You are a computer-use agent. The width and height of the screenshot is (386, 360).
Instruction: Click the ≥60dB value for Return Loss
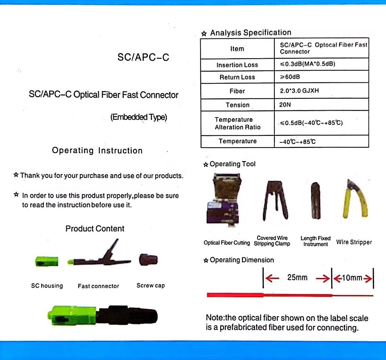click(290, 77)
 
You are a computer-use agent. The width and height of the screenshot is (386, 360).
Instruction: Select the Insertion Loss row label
click(237, 65)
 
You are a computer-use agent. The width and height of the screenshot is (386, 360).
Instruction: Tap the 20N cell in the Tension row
click(285, 104)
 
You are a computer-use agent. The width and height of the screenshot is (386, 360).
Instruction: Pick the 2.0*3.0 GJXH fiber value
click(299, 91)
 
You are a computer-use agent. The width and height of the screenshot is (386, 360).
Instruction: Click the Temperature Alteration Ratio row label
click(237, 123)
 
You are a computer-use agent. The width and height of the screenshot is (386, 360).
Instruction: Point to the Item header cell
click(237, 49)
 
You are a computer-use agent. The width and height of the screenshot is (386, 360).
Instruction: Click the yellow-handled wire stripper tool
click(355, 199)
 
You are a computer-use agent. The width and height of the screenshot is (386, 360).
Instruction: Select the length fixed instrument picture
click(315, 201)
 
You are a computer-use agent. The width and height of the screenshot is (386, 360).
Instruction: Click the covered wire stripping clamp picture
click(275, 200)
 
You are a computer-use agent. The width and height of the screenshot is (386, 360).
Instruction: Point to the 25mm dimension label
click(297, 278)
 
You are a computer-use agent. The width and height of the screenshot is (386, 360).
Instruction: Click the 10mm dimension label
click(352, 278)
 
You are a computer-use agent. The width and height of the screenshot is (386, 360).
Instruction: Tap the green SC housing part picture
click(47, 261)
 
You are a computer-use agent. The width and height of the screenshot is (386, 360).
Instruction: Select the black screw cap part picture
click(148, 260)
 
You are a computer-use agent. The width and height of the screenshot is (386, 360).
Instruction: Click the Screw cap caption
click(151, 286)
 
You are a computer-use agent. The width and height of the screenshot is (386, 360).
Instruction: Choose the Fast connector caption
click(99, 286)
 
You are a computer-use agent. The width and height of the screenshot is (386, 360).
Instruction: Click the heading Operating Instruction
click(97, 150)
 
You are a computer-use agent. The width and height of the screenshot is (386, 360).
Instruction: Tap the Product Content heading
click(95, 229)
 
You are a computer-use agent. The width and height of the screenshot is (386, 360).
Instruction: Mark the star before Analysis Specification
click(204, 33)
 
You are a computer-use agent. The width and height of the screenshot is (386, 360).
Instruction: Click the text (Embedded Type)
click(139, 117)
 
